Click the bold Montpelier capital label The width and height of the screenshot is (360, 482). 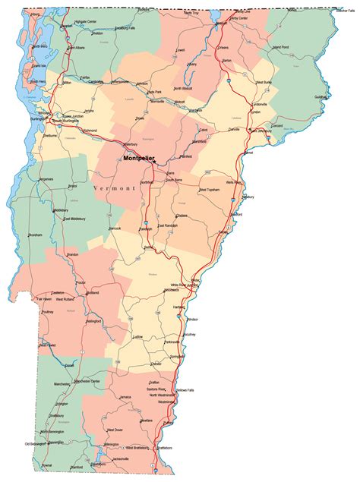point(138,159)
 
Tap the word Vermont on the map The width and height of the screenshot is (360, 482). point(115,187)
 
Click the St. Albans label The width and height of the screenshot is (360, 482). point(76,47)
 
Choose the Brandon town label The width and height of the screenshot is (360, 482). point(72,254)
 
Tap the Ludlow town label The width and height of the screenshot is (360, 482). point(137,336)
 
